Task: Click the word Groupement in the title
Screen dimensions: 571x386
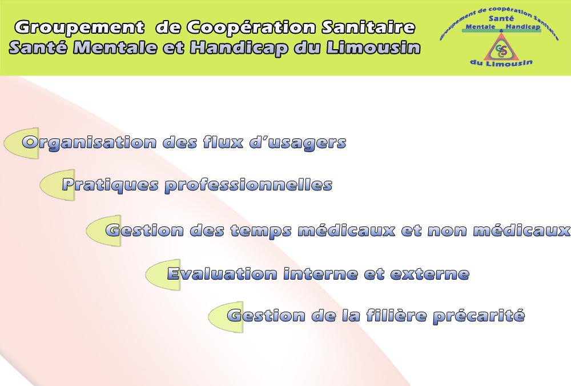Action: tap(80, 27)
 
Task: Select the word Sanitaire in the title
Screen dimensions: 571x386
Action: tap(368, 27)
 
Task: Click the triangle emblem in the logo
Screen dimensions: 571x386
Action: tap(501, 47)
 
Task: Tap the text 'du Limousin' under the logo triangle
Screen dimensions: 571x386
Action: tap(501, 63)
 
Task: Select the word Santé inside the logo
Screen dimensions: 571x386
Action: tap(501, 19)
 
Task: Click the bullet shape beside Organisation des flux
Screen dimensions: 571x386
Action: tap(21, 143)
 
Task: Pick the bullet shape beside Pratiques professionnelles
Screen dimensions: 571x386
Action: tap(57, 185)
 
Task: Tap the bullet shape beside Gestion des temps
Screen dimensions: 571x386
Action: tap(103, 230)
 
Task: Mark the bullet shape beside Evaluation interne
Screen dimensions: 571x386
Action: tap(163, 274)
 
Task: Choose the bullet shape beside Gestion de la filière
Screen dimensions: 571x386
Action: tap(226, 317)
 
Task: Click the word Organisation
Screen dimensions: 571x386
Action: tap(89, 142)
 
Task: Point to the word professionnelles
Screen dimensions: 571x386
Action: tap(249, 185)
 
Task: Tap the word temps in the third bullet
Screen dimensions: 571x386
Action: tap(261, 231)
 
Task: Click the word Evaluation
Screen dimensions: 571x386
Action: tap(223, 273)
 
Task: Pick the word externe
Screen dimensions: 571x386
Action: tap(430, 274)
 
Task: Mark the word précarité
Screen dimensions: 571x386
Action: tap(479, 316)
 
